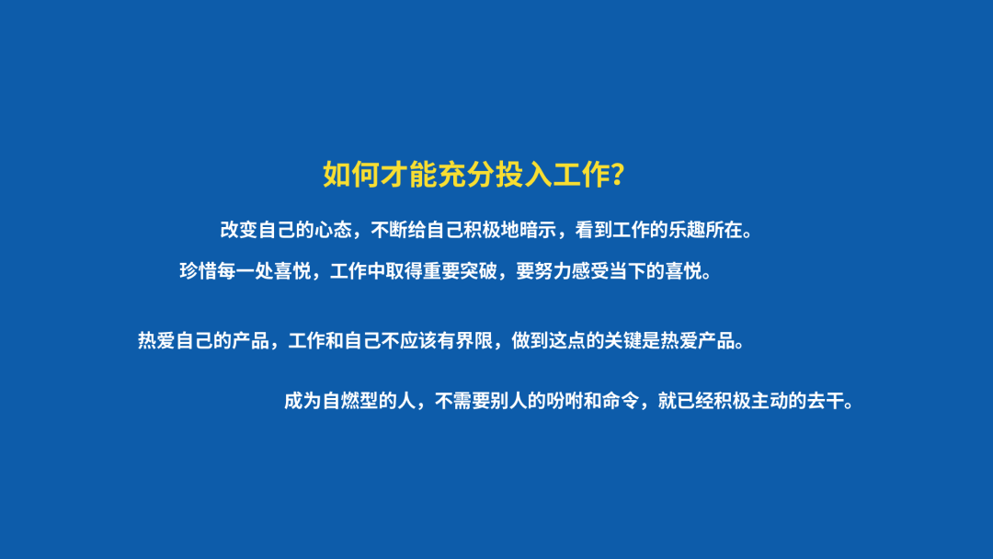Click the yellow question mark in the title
click(x=619, y=175)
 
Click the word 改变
click(x=239, y=230)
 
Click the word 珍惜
click(x=199, y=271)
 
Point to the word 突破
click(x=479, y=271)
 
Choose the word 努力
click(x=554, y=271)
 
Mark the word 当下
click(x=628, y=271)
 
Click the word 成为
click(x=302, y=401)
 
